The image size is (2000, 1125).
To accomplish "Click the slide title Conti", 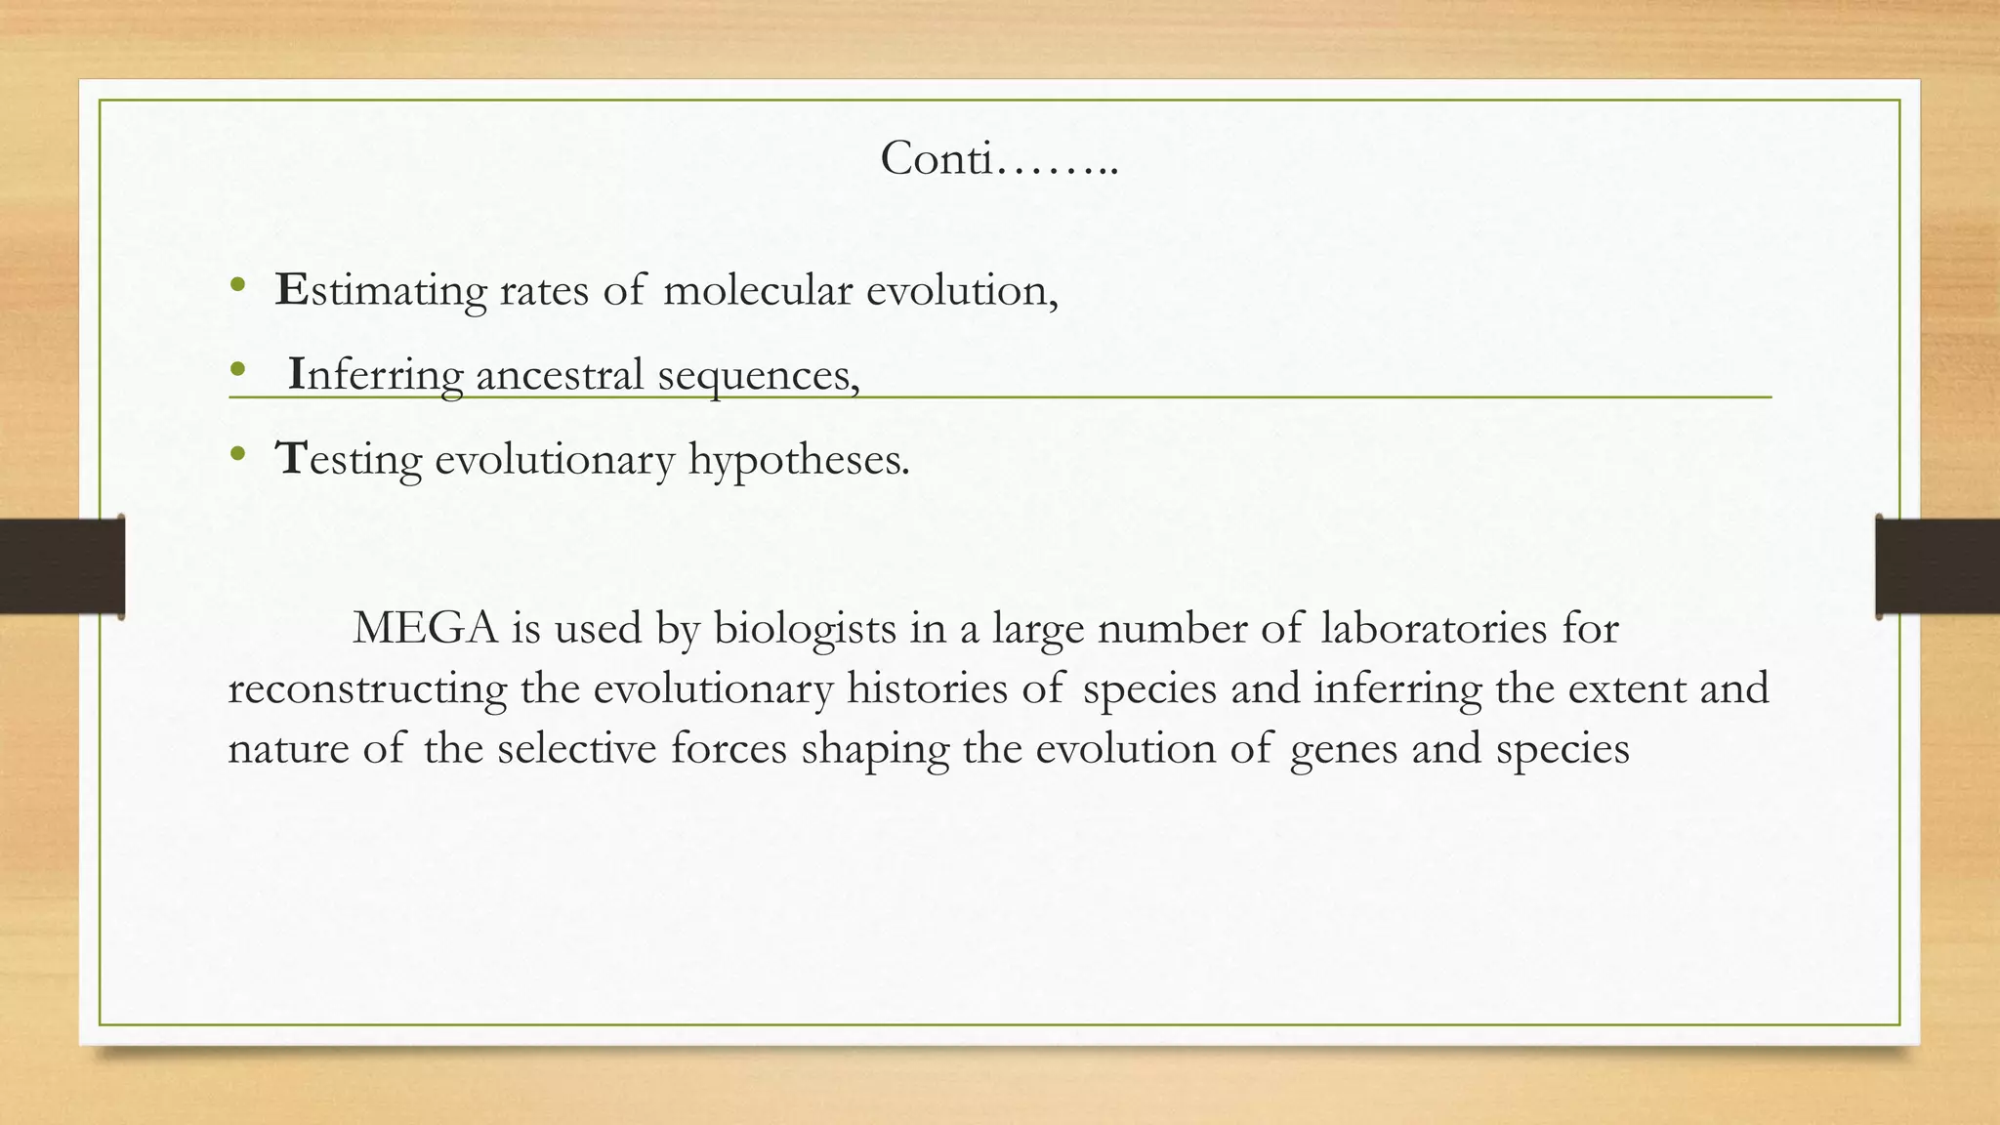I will pyautogui.click(x=998, y=158).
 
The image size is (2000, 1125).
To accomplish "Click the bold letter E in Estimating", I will pyautogui.click(x=291, y=290).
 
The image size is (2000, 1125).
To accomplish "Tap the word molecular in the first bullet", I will pyautogui.click(x=758, y=290).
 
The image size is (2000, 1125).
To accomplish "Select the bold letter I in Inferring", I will pyautogui.click(x=297, y=374).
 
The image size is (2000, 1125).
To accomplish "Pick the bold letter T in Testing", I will pyautogui.click(x=292, y=458).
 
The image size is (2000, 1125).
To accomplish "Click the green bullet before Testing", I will pyautogui.click(x=236, y=454).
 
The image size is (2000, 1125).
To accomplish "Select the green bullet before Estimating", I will pyautogui.click(x=236, y=285).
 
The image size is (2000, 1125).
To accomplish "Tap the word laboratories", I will pyautogui.click(x=1434, y=628).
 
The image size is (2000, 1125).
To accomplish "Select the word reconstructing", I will pyautogui.click(x=367, y=689).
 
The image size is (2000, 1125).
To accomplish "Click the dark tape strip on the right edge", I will pyautogui.click(x=1937, y=566).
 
